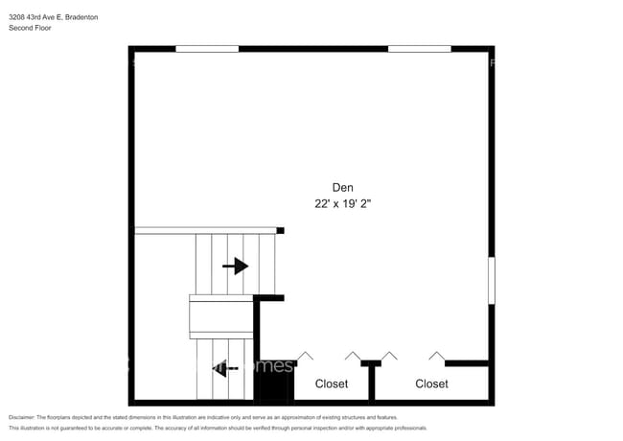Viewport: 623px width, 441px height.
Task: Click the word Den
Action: [342, 187]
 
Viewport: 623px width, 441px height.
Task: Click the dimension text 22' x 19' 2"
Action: [342, 203]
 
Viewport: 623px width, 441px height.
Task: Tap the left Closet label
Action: [332, 383]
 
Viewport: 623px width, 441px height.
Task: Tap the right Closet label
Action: [431, 383]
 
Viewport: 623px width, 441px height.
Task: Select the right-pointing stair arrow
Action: [235, 266]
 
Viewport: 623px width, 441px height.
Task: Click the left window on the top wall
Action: [207, 48]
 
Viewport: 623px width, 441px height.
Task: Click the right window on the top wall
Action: [419, 48]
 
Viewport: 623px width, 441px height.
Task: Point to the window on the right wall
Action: [492, 281]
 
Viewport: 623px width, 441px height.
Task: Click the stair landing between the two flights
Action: [221, 315]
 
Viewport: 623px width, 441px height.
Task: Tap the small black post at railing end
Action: [281, 230]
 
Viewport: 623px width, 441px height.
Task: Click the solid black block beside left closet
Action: [274, 388]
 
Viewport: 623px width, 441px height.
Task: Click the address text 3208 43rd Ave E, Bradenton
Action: [53, 17]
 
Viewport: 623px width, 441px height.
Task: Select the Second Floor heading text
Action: [30, 29]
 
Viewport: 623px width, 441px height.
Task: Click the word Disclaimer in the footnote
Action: [21, 418]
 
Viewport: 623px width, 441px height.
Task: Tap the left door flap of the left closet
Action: [305, 356]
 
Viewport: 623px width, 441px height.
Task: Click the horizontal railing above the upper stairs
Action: [205, 230]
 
